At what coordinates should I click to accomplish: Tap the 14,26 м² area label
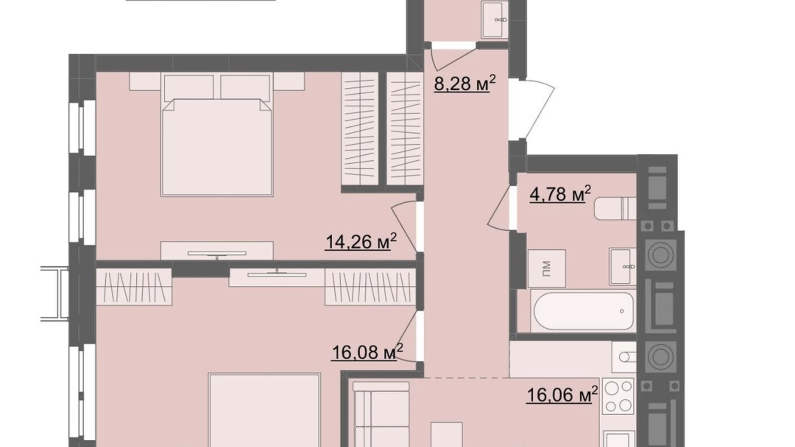(x=361, y=242)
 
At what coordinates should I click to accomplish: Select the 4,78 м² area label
(x=560, y=194)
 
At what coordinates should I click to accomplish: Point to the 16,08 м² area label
(x=367, y=352)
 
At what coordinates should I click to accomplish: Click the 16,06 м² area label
(x=562, y=395)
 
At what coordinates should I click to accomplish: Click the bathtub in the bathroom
(x=583, y=311)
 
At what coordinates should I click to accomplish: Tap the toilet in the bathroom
(x=615, y=208)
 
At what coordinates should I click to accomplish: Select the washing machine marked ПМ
(x=547, y=268)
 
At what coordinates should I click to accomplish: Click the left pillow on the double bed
(x=189, y=87)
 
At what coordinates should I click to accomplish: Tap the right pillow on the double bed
(x=245, y=87)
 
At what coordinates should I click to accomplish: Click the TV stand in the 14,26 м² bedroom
(x=217, y=251)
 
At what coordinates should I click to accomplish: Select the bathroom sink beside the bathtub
(x=623, y=266)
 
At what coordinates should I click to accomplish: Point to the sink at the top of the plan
(x=495, y=19)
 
